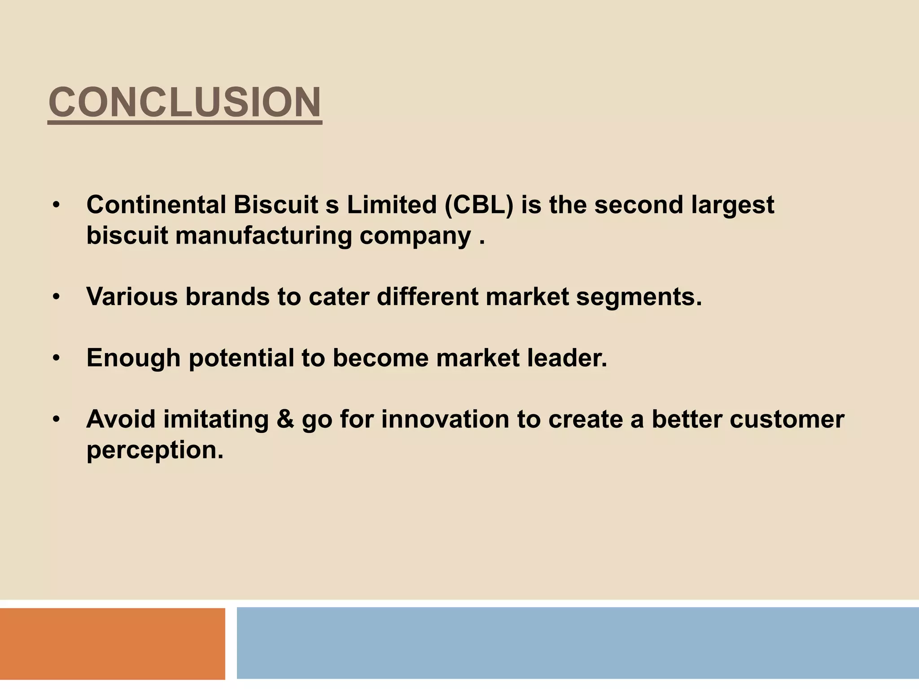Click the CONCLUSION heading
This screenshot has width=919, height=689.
[184, 102]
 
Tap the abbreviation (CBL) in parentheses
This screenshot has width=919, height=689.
[479, 205]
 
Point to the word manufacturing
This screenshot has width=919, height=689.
[263, 236]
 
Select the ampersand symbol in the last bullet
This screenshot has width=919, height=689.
[285, 419]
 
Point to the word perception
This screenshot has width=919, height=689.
[155, 450]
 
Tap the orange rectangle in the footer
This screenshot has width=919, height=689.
[112, 644]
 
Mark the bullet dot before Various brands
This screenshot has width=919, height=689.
[56, 297]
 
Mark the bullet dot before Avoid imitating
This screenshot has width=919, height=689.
[56, 420]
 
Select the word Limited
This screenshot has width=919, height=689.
[391, 205]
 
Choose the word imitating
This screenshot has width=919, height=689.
[216, 420]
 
